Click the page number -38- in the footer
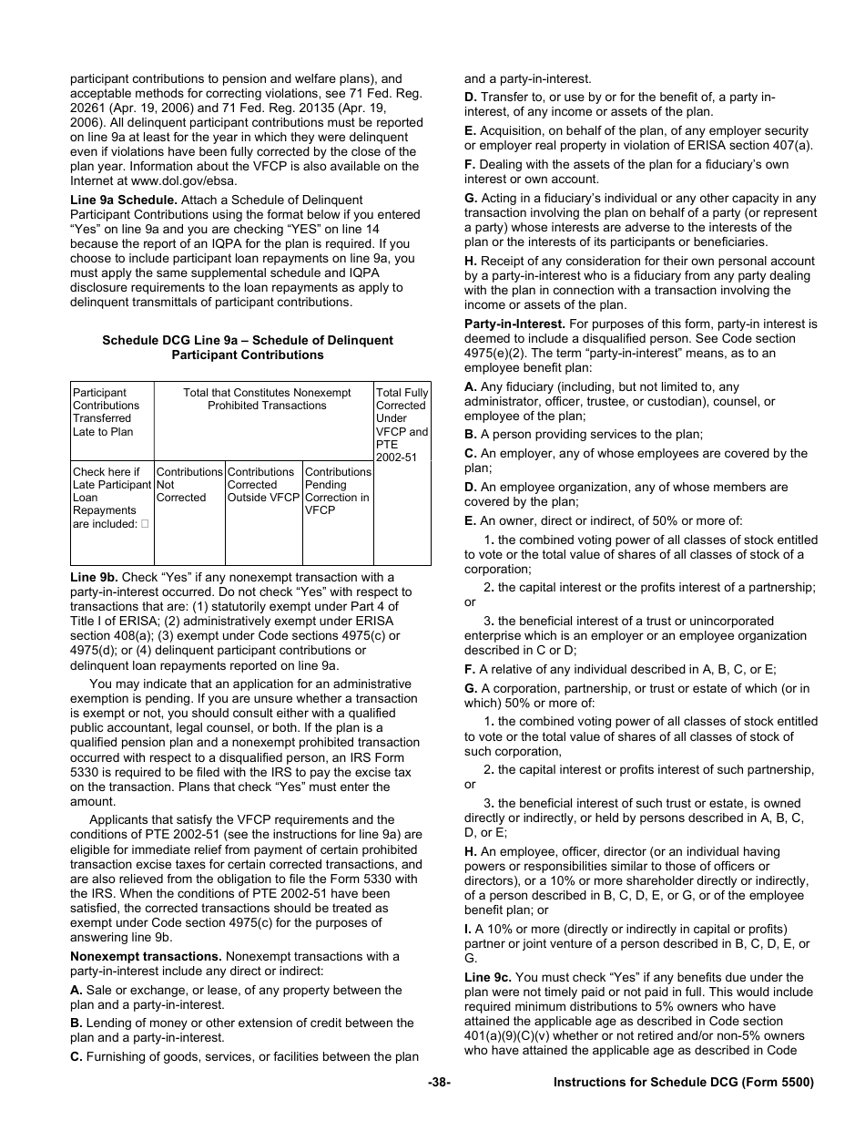click(439, 1083)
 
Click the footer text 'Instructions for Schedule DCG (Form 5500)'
click(683, 1083)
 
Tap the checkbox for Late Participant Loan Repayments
click(145, 524)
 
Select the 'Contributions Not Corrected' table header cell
click(188, 485)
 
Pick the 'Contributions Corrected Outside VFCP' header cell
click(263, 485)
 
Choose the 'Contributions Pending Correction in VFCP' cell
click(337, 491)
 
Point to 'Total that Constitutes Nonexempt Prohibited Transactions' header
click(267, 399)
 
